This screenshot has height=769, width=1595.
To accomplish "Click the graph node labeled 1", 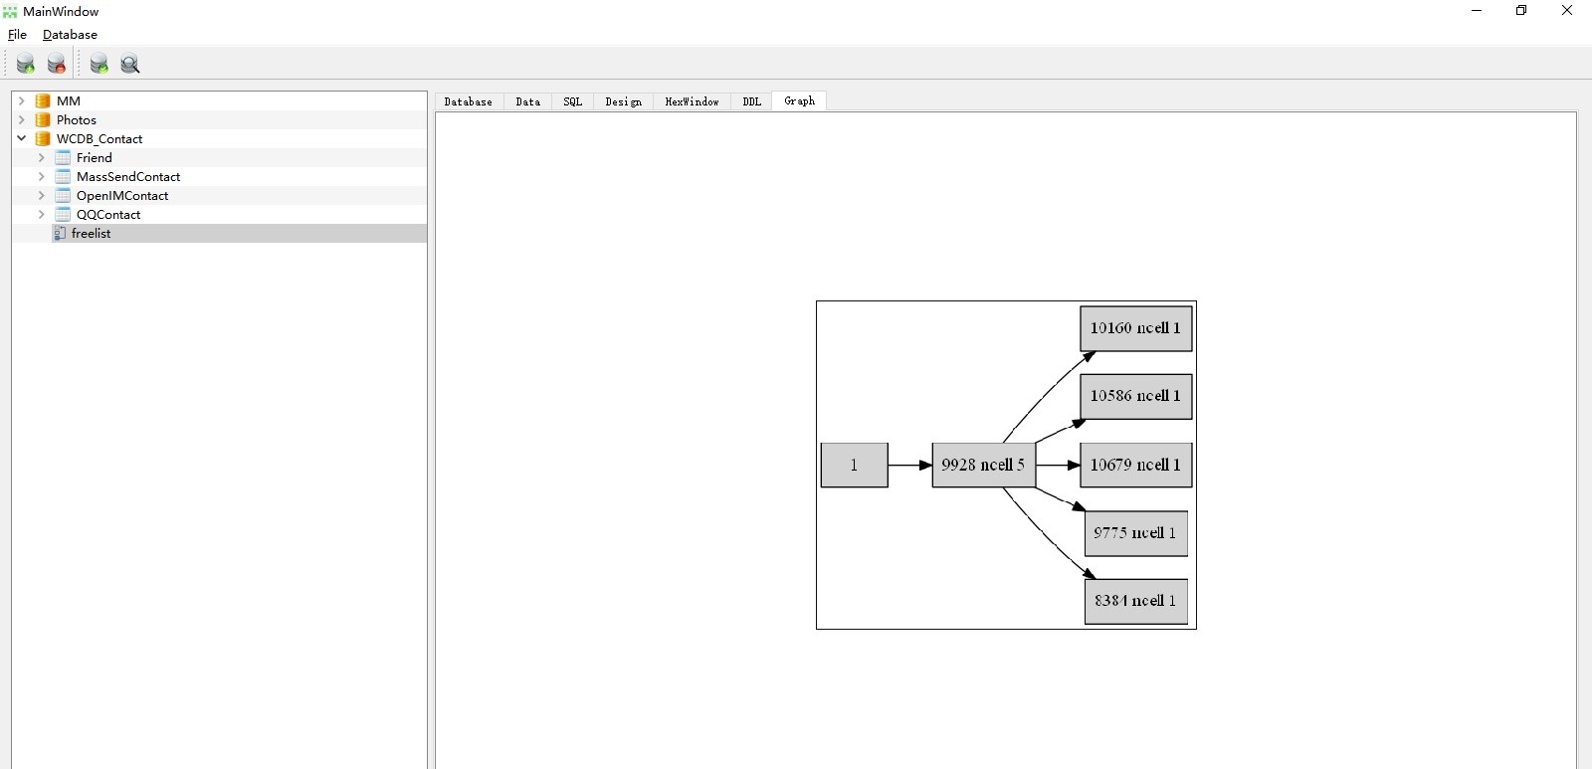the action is pyautogui.click(x=854, y=465).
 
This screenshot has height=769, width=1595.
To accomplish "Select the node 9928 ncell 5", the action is pyautogui.click(x=983, y=465).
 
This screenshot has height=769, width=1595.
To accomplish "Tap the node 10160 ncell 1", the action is pyautogui.click(x=1135, y=328).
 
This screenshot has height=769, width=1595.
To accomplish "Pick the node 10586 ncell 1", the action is pyautogui.click(x=1135, y=397).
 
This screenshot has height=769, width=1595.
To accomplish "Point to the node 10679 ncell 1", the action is pyautogui.click(x=1135, y=465).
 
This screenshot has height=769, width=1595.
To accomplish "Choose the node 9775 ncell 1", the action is pyautogui.click(x=1135, y=533).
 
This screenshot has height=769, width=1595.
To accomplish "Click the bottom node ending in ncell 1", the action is pyautogui.click(x=1135, y=602).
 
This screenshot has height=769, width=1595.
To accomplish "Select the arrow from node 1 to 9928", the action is pyautogui.click(x=910, y=465).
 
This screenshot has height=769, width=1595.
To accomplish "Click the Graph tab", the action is pyautogui.click(x=799, y=101).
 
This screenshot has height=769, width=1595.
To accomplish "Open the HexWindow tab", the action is pyautogui.click(x=692, y=101).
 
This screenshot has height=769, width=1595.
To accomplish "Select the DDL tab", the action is pyautogui.click(x=751, y=101).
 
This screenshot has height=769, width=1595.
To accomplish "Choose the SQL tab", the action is pyautogui.click(x=572, y=101).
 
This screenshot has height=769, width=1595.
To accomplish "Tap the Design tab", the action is pyautogui.click(x=623, y=101).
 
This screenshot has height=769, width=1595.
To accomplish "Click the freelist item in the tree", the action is pyautogui.click(x=91, y=234).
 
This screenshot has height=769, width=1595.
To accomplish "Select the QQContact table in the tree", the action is pyautogui.click(x=108, y=214).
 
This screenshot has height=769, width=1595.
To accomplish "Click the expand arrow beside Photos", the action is pyautogui.click(x=21, y=119).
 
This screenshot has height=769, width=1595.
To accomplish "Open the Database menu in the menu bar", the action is pyautogui.click(x=70, y=34).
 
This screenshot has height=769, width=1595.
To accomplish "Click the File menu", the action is pyautogui.click(x=17, y=34).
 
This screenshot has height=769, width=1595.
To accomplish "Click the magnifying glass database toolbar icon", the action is pyautogui.click(x=129, y=64).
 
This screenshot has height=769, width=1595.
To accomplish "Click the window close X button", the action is pyautogui.click(x=1566, y=10).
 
